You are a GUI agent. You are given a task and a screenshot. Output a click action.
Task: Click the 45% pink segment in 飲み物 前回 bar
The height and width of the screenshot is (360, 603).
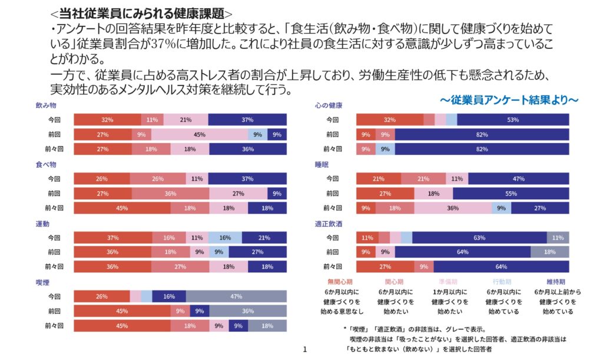point(199,134)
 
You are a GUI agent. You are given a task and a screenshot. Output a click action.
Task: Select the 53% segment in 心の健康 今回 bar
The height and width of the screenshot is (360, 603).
point(513,120)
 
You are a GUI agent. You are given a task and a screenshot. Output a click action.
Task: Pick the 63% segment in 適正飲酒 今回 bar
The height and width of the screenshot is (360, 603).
point(479,237)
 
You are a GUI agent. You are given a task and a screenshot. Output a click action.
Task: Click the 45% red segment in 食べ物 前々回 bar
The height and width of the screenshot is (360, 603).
point(122,208)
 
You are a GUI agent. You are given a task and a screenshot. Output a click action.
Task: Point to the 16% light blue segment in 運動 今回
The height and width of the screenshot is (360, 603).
point(224,237)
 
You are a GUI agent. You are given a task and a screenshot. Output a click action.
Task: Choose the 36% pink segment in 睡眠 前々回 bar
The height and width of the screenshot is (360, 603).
point(453,208)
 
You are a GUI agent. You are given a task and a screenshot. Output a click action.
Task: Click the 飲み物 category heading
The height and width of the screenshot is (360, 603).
point(46,105)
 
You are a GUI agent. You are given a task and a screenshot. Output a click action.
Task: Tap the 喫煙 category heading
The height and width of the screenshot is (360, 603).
point(42,282)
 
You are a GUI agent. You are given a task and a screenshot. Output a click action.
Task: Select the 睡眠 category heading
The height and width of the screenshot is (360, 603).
point(322,164)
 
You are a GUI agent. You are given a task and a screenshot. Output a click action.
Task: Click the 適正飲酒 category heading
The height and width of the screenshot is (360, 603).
point(329,223)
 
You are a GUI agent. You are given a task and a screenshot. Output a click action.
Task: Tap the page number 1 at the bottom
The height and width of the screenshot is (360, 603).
point(305,351)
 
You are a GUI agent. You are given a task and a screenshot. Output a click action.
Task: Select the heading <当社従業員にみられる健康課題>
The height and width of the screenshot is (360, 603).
point(141,13)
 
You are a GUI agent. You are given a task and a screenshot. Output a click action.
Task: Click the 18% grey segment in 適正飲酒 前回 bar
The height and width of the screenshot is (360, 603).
point(549,252)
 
